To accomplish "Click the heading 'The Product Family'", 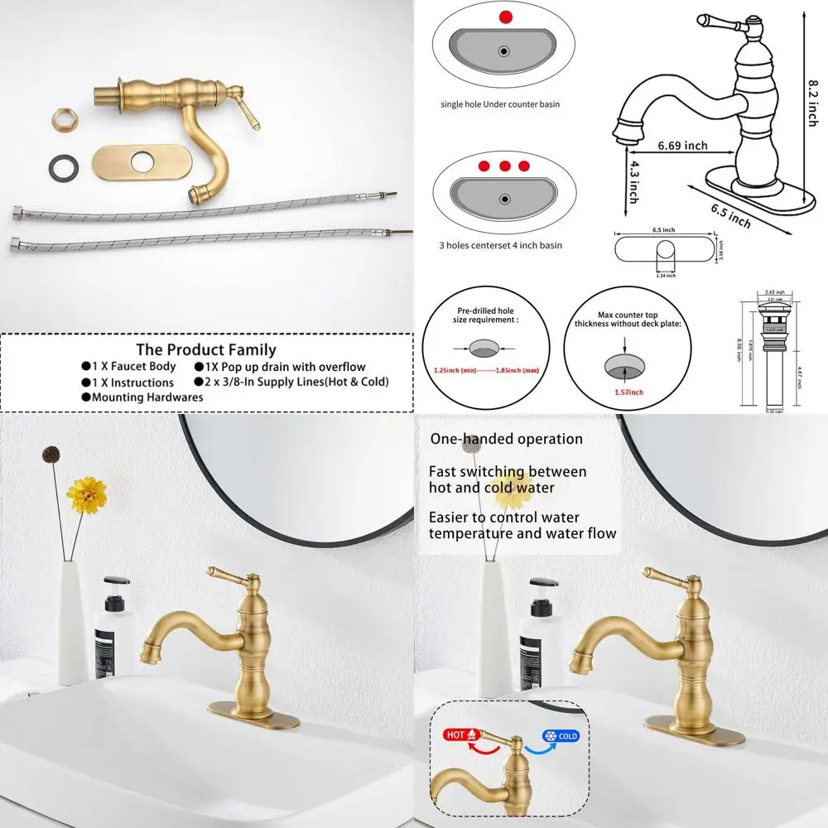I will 206,349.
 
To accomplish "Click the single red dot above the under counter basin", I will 503,16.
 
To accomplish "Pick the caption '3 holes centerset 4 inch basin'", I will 500,246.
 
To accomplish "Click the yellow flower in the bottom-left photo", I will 87,494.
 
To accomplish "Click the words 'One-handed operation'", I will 506,439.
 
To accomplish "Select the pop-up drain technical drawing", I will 771,352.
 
